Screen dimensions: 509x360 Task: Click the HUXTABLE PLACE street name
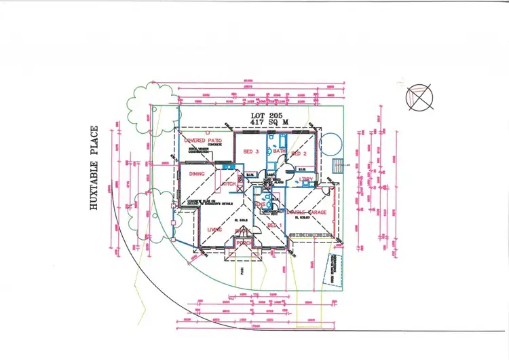pos(94,167)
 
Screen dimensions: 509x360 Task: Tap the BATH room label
pos(280,151)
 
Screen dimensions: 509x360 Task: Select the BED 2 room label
pos(299,154)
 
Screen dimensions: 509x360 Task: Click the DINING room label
pos(195,173)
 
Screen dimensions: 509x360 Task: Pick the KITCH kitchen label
pos(227,184)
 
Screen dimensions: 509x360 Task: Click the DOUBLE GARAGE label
pos(306,213)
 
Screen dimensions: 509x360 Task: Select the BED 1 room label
pos(274,225)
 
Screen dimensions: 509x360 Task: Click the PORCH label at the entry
pos(244,242)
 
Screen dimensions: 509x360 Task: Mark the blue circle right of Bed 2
pos(332,144)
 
